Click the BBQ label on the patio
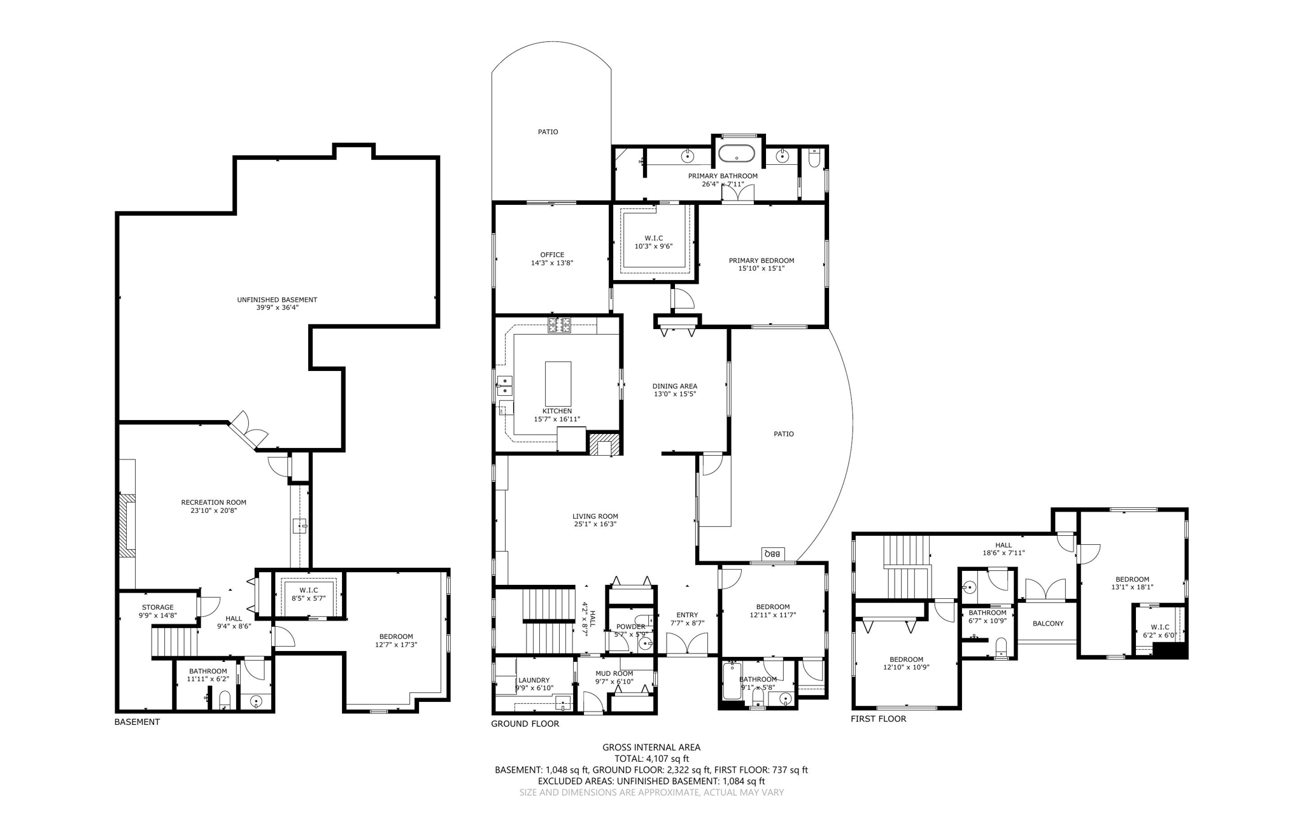tap(773, 553)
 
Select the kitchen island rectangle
tap(558, 383)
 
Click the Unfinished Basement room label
tap(277, 300)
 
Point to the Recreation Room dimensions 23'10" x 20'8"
tap(213, 510)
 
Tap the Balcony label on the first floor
tap(1047, 624)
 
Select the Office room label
tap(552, 255)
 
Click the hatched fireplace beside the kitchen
tap(602, 444)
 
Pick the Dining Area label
tap(674, 386)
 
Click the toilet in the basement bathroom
tap(224, 701)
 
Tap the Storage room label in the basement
tap(157, 607)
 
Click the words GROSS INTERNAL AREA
tap(651, 747)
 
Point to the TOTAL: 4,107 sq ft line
tap(651, 759)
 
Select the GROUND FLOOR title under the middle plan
tap(525, 724)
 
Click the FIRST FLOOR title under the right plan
tap(878, 719)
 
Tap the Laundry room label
tap(534, 680)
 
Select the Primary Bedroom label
tap(761, 260)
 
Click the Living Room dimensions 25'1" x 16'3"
tap(595, 524)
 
